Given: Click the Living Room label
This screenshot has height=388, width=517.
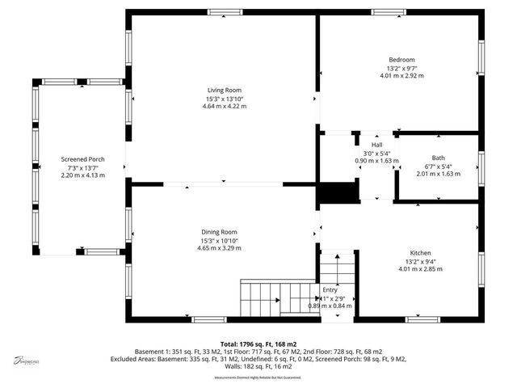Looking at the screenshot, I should pyautogui.click(x=224, y=90).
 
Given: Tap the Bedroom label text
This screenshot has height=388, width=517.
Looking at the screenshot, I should pyautogui.click(x=401, y=60).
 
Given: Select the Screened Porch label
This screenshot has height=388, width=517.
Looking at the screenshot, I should pyautogui.click(x=82, y=159).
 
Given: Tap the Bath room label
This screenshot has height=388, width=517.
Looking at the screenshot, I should pyautogui.click(x=438, y=158).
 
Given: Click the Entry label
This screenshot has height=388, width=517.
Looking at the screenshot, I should pyautogui.click(x=330, y=289).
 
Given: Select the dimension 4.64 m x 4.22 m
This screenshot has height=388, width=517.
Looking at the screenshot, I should pyautogui.click(x=225, y=106).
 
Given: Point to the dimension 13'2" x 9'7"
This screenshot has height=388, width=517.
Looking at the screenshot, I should pyautogui.click(x=401, y=68).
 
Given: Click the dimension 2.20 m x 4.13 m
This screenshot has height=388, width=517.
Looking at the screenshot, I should pyautogui.click(x=82, y=175).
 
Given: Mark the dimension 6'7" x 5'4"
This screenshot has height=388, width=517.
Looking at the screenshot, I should pyautogui.click(x=438, y=167).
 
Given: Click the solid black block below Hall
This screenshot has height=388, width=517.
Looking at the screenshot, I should pyautogui.click(x=337, y=192).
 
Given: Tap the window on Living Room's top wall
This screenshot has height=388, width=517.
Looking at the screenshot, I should pyautogui.click(x=225, y=11).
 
